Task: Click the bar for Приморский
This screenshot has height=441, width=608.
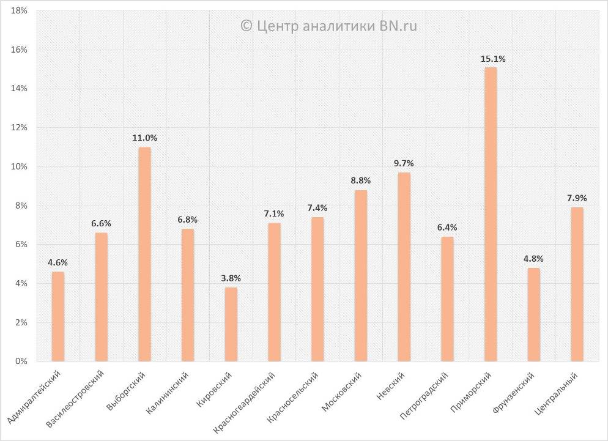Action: [491, 214]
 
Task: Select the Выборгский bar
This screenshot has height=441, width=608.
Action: [144, 254]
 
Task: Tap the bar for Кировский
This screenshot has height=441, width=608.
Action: [231, 324]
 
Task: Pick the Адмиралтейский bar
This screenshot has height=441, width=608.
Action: [58, 316]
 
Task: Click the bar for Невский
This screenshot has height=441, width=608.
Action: [404, 267]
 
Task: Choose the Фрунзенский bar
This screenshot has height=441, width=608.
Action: [534, 314]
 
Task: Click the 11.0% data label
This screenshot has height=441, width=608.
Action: [145, 138]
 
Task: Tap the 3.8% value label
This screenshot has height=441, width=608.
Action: [231, 278]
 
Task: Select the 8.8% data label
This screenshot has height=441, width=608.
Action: [361, 180]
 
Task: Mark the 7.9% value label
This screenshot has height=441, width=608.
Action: [577, 198]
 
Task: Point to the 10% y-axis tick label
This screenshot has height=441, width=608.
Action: [20, 167]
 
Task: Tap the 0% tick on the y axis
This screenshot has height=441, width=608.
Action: [21, 361]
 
